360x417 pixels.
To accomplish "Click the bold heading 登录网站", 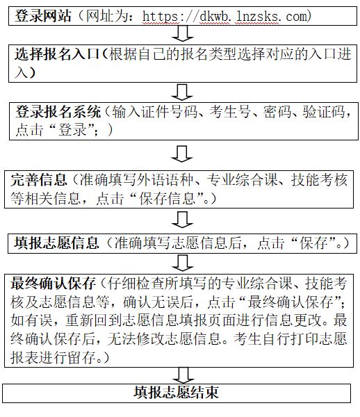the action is pos(43,16).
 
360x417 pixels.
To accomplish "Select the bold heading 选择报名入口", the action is pos(57,54).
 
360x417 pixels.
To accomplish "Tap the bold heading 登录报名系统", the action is pos(58,111).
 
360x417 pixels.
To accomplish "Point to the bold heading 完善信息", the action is pos(38,180).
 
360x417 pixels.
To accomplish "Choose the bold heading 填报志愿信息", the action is pos(56,243).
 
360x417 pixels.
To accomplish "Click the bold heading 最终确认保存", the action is pos(53,284).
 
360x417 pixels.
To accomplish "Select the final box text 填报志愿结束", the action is pos(176,392).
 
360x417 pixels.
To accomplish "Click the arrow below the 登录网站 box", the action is pos(182,33).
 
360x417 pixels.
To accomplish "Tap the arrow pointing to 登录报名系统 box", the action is pos(182,92).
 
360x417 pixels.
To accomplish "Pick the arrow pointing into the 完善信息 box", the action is pos(182,154).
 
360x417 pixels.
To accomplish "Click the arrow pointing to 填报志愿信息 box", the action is pos(182,220).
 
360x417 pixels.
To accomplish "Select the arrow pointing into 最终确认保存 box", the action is pos(183,263).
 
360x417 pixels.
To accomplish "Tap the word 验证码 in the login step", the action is pos(324,111).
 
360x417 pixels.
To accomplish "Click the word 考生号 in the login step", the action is pos(230,111).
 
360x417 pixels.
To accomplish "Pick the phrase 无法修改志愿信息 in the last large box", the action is pos(165,338).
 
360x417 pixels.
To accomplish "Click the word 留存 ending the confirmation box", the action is pos(81,357).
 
